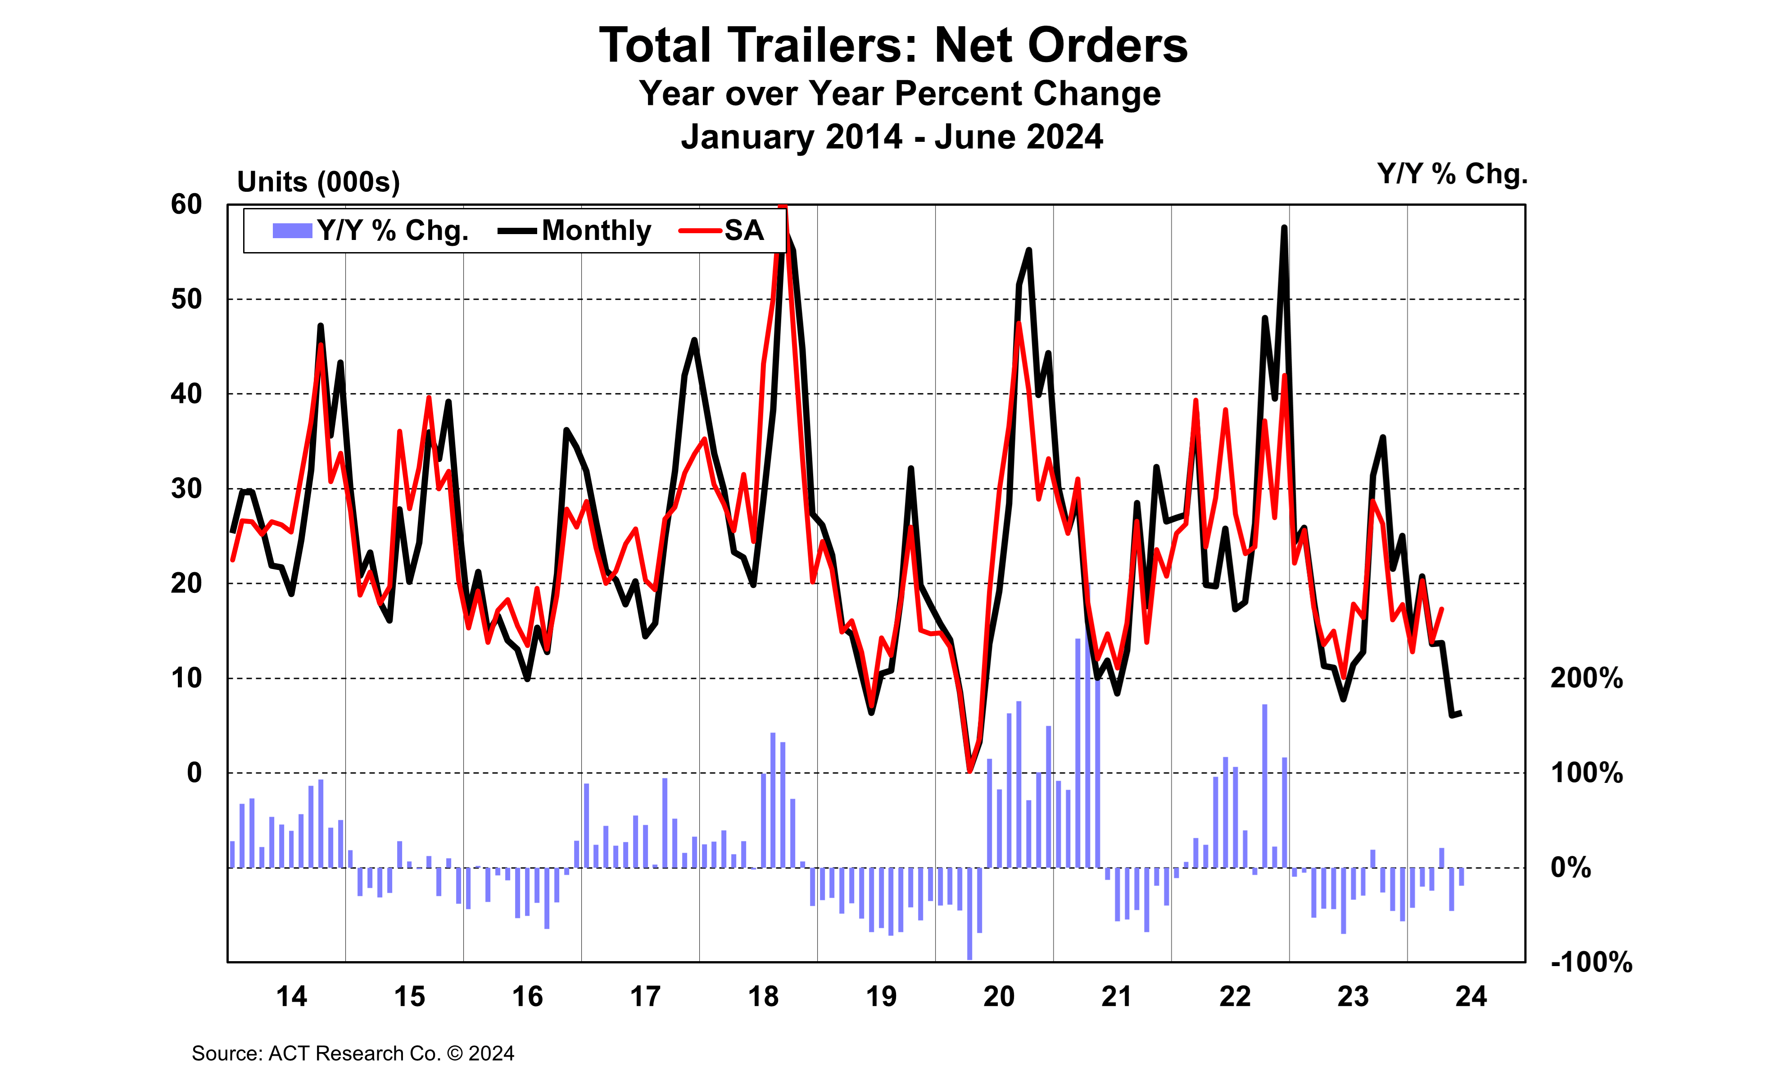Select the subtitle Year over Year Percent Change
(x=899, y=94)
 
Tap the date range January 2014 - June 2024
(x=892, y=136)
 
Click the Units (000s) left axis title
(x=318, y=182)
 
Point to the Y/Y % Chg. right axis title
(x=1452, y=174)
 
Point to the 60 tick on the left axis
(x=186, y=205)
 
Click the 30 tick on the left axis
(x=186, y=488)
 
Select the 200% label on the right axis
(x=1586, y=678)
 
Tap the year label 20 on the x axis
(x=999, y=997)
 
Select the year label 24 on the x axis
(x=1471, y=997)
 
